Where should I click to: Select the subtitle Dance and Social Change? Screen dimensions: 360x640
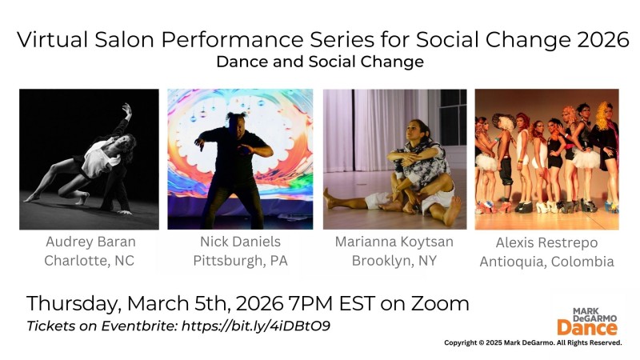(x=320, y=62)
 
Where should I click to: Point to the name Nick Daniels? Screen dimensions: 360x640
(x=240, y=242)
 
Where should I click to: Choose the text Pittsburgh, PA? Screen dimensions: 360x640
(x=240, y=260)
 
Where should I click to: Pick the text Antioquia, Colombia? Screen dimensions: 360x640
(x=546, y=262)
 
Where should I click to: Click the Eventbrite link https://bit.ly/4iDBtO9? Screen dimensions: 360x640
(x=256, y=326)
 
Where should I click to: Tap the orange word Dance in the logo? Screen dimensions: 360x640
(x=586, y=326)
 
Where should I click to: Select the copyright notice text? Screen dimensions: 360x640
(x=533, y=342)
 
